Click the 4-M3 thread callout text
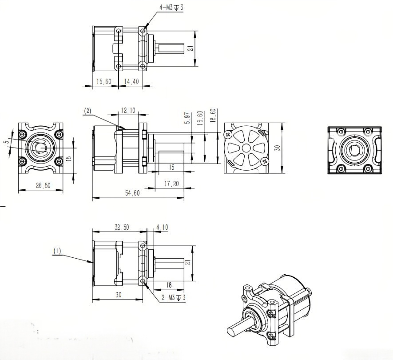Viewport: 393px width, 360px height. tap(170, 8)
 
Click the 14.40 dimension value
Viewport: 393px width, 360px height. tap(131, 81)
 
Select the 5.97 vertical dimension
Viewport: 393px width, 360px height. tap(187, 119)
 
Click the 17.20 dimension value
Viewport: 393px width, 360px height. tap(172, 183)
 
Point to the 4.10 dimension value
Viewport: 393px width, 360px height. tap(162, 227)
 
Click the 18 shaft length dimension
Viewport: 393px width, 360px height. tap(169, 285)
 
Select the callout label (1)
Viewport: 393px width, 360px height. tap(57, 251)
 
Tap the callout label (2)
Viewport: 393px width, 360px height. tap(87, 112)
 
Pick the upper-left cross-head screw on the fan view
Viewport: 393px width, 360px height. tap(228, 134)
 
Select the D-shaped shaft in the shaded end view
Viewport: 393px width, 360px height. tap(354, 150)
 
